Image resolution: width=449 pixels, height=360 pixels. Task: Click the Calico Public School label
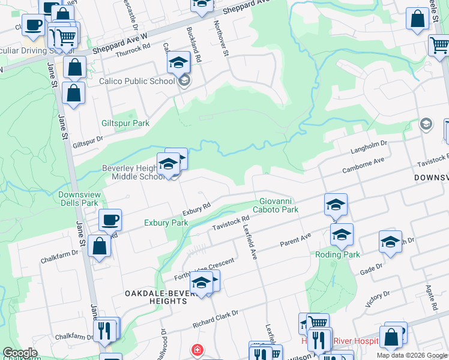click(137, 81)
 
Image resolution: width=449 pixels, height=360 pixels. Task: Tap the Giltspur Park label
click(126, 123)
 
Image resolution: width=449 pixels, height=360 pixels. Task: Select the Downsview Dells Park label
click(78, 199)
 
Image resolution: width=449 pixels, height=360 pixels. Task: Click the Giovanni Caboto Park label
click(279, 206)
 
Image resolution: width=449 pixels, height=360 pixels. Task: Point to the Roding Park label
click(338, 254)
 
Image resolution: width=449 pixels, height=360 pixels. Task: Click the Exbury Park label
click(166, 223)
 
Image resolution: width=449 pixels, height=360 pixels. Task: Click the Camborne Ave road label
click(363, 166)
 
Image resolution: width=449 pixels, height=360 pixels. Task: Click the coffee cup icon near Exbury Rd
click(110, 220)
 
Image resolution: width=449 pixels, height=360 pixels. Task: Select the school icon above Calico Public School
click(178, 62)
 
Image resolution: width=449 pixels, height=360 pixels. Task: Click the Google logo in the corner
click(20, 353)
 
